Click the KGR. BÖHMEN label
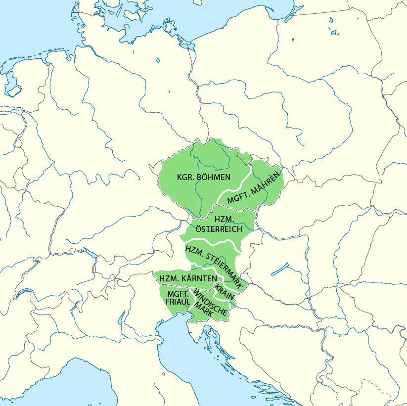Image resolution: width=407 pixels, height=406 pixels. coord(204,177)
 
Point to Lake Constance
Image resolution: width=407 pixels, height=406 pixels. coord(90,254)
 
